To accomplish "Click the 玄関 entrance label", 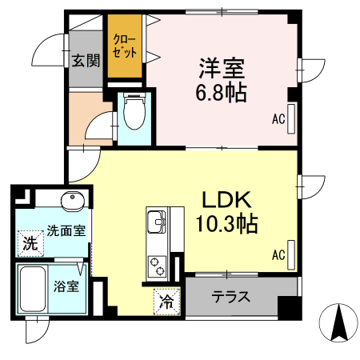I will pos(86,60).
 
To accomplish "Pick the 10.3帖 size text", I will pos(226,224).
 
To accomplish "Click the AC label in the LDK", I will pos(278,256).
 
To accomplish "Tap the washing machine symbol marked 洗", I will pos(30,242).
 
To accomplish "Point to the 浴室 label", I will pos(66,285).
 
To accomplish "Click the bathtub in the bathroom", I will pos(33,290).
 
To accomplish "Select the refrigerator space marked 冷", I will pos(166,301).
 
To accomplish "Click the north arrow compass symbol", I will pos(338,324).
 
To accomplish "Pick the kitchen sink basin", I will pos(155,218).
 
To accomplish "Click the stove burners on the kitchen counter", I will pos(155,262).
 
